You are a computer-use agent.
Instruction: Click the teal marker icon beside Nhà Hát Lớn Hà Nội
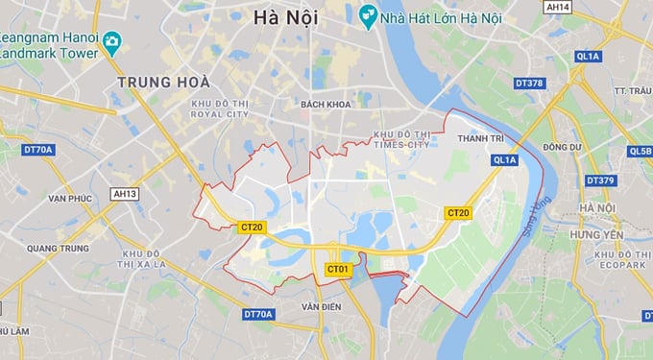[366, 15]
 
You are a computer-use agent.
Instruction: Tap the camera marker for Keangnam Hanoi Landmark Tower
[112, 42]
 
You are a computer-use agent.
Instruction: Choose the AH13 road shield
[125, 194]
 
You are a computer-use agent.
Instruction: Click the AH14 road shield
[557, 7]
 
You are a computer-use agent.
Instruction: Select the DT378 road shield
[529, 84]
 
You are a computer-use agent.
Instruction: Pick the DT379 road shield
[600, 180]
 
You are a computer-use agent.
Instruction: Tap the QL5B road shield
[641, 151]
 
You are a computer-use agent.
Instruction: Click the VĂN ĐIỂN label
[321, 306]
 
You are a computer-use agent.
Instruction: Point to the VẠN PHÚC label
[69, 198]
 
